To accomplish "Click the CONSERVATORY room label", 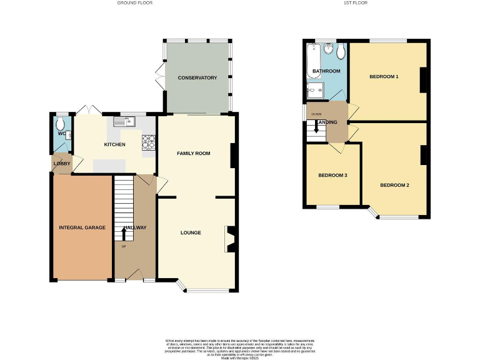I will click(x=197, y=77).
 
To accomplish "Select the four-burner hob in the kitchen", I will click(x=149, y=143).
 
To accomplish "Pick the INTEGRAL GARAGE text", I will click(x=82, y=227).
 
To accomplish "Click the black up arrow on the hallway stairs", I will click(x=123, y=234).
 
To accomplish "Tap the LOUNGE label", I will click(x=191, y=232).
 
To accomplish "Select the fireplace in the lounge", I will click(x=229, y=239).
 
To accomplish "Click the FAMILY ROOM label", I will click(x=193, y=153).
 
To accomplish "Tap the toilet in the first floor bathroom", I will click(x=340, y=51).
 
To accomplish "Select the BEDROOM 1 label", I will click(x=384, y=77).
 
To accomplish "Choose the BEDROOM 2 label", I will click(x=394, y=185).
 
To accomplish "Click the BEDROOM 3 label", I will click(x=332, y=175).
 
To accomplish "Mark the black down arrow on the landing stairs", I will click(x=317, y=127).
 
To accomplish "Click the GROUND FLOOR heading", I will click(x=135, y=3).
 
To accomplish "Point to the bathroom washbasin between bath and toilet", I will click(x=328, y=49).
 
